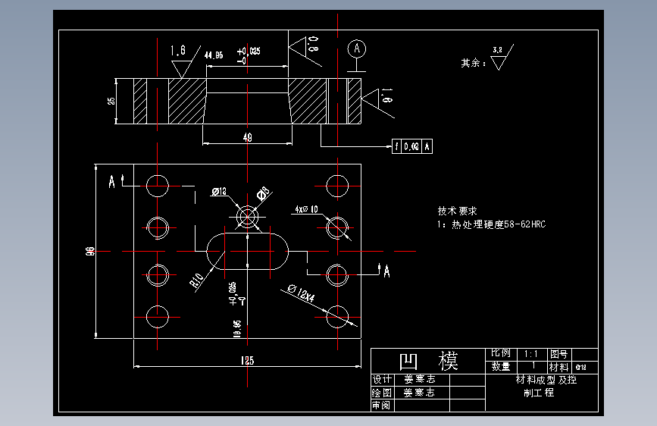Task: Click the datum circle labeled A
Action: coord(357,49)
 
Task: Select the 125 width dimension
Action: coord(247,361)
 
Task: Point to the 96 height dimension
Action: coord(90,251)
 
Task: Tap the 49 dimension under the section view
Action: coord(247,137)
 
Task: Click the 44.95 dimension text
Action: coord(214,55)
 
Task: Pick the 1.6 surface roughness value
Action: coord(178,51)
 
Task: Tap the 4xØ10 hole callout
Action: coord(306,209)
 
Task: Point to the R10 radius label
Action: coord(197,281)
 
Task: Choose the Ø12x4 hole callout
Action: coord(301,293)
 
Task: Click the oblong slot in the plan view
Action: coord(247,250)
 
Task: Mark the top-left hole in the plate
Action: coord(158,185)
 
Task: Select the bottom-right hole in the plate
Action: coord(337,317)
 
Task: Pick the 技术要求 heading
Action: coord(456,211)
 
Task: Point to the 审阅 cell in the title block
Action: coord(380,406)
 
